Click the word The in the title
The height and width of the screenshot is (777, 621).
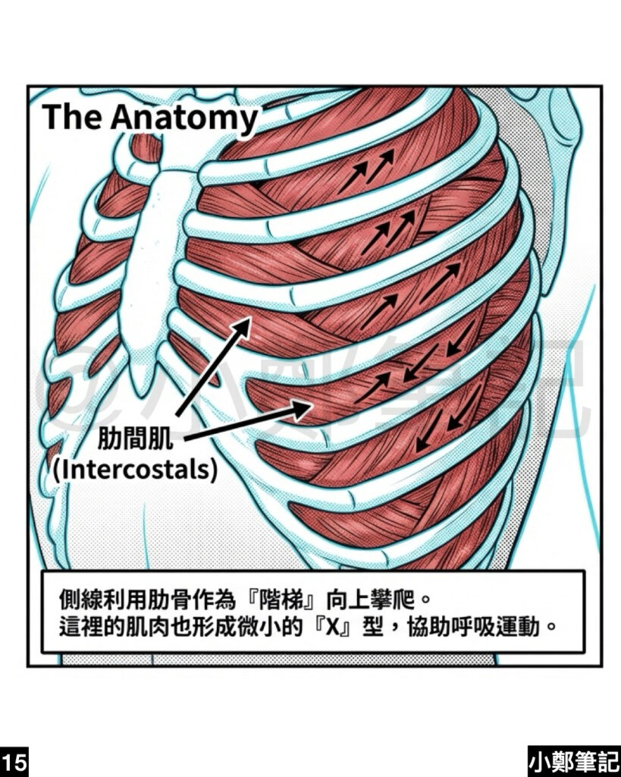coord(74,118)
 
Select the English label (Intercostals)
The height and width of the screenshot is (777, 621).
coord(136,468)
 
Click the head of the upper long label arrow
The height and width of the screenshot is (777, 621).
coord(246,322)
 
